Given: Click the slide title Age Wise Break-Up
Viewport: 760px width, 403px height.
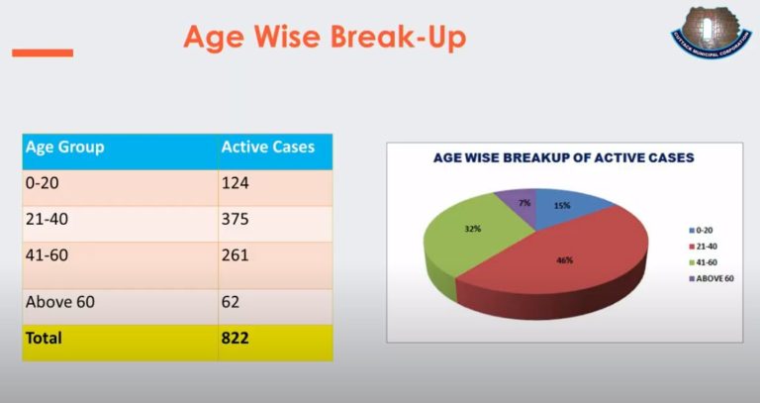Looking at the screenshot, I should tap(325, 39).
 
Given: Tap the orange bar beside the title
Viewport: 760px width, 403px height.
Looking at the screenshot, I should tap(43, 52).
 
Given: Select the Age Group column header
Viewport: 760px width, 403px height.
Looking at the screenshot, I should tap(65, 148).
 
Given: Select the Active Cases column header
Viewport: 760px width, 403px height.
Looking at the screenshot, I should tap(268, 148).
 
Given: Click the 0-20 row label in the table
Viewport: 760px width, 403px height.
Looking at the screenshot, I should tap(43, 183).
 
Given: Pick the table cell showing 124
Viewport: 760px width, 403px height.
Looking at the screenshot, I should tap(237, 183).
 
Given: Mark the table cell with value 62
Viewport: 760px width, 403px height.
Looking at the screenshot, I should tap(233, 301).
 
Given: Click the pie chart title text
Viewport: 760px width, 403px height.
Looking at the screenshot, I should tap(563, 158).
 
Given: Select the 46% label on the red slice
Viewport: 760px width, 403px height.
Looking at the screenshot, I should tap(564, 260).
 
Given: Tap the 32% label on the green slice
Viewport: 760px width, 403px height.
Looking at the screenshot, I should tap(473, 229).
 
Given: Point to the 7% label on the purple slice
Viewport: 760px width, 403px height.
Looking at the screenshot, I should tap(524, 203).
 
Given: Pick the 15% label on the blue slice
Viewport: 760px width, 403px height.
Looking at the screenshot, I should tap(561, 205).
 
